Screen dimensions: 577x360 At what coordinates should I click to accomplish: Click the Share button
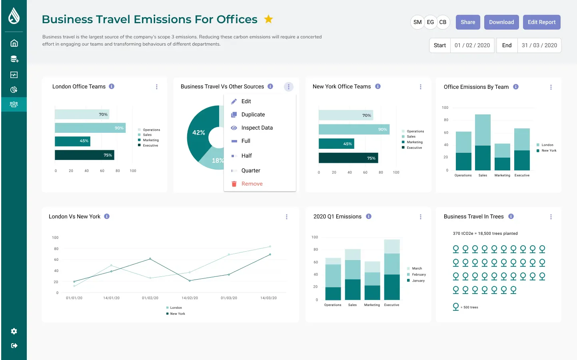(x=468, y=22)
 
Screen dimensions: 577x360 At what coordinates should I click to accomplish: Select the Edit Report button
(x=541, y=22)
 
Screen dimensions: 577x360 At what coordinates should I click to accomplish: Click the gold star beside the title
(x=268, y=19)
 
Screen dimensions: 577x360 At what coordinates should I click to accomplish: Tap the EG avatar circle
(x=430, y=22)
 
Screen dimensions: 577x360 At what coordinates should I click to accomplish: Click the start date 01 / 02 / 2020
(x=472, y=45)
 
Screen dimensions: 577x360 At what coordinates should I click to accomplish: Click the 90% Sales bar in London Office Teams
(x=90, y=128)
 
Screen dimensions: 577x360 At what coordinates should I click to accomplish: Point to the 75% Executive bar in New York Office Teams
(x=348, y=158)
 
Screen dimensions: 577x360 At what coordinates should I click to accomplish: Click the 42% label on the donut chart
(x=199, y=133)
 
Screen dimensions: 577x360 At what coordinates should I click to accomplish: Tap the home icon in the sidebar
(x=14, y=43)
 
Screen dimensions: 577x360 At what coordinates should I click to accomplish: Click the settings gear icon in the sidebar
(x=14, y=331)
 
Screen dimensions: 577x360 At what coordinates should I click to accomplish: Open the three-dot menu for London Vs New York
(x=286, y=217)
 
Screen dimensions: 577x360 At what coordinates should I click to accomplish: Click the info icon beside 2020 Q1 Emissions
(x=369, y=216)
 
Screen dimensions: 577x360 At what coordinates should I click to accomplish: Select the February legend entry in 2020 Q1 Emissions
(x=417, y=274)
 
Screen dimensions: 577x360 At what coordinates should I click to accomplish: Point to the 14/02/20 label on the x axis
(x=190, y=298)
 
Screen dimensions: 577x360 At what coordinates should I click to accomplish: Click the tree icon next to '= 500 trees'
(x=456, y=307)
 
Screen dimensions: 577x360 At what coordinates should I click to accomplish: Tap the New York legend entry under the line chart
(x=176, y=314)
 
